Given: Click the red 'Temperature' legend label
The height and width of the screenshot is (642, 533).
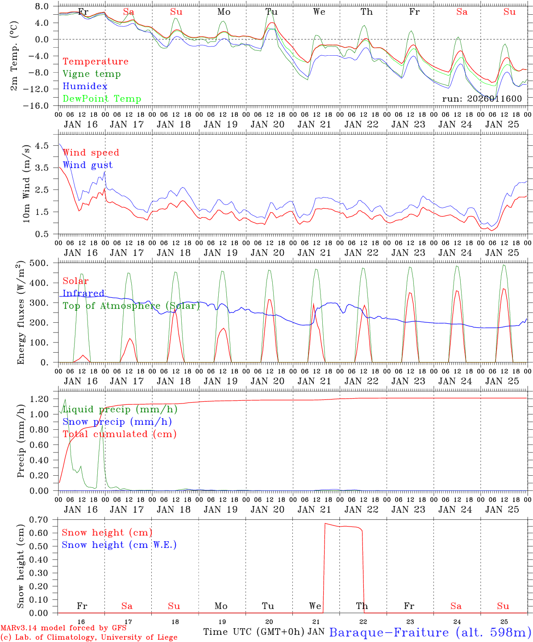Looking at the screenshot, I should click(96, 62).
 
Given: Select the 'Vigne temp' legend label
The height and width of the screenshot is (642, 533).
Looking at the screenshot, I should click(92, 74).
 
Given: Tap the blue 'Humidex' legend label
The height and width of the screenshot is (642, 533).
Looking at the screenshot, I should click(85, 86).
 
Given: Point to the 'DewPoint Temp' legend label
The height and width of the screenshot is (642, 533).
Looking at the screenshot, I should click(102, 99).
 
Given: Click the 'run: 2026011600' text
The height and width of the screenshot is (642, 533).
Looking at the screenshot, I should click(482, 99).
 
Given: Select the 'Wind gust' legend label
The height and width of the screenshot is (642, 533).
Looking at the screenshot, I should click(87, 165).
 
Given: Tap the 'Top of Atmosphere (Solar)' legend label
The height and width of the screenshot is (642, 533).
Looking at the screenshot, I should click(131, 306).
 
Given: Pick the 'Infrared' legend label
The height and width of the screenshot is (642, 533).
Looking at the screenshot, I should click(83, 293).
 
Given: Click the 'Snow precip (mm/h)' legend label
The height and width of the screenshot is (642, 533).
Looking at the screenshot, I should click(117, 422).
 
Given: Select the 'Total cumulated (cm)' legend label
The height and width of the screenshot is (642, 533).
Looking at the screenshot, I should click(120, 434).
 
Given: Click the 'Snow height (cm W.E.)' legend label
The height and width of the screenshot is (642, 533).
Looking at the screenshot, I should click(119, 545).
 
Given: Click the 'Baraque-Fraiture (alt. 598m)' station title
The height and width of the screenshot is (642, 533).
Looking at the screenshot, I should click(430, 632).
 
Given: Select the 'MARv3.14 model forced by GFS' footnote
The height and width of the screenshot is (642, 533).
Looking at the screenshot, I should click(63, 628).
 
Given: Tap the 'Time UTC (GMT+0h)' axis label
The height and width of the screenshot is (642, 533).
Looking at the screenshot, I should click(254, 632).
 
